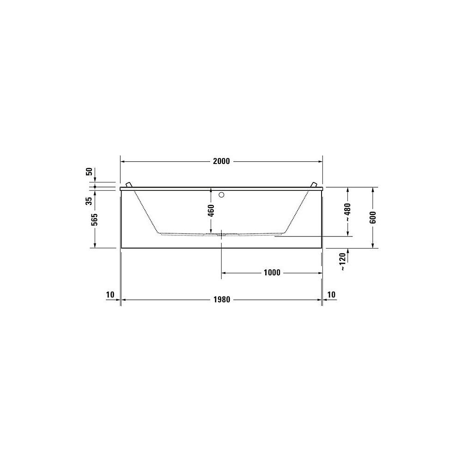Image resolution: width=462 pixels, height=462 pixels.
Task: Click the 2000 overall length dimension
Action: tap(221, 161)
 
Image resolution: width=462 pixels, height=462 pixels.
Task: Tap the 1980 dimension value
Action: tap(222, 300)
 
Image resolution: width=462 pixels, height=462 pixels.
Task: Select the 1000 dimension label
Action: tap(272, 273)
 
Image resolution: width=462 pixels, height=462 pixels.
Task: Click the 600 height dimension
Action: tap(373, 218)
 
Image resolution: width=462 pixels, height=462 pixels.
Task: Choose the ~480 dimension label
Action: tap(348, 212)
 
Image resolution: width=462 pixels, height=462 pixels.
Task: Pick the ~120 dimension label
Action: tap(343, 261)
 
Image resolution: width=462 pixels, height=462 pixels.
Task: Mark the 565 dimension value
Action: tap(95, 219)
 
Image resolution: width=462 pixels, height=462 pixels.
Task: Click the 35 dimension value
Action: tap(89, 201)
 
